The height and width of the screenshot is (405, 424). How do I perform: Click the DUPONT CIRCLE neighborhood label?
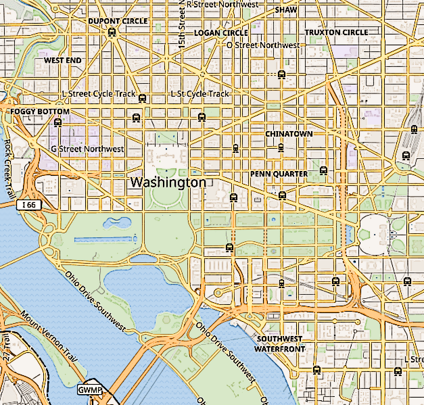click(118, 21)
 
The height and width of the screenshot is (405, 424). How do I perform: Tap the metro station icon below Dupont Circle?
click(112, 32)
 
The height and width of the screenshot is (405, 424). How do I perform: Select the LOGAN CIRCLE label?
click(221, 32)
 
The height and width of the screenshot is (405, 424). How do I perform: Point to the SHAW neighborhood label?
click(287, 10)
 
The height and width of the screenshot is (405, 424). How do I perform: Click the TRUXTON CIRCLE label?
click(336, 32)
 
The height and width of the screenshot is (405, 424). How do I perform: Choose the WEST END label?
click(63, 60)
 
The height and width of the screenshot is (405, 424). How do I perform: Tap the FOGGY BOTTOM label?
click(40, 112)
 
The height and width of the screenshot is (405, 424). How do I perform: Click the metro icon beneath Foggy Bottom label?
click(57, 122)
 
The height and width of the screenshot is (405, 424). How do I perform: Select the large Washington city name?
click(168, 183)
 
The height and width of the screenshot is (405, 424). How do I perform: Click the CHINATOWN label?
click(289, 134)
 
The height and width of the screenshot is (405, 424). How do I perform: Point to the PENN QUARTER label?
click(279, 174)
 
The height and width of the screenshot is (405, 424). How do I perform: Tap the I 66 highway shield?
click(28, 204)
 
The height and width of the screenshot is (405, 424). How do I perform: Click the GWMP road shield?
click(89, 390)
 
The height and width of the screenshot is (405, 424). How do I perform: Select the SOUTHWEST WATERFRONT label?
click(279, 343)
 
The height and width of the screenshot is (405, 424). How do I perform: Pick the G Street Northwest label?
click(87, 149)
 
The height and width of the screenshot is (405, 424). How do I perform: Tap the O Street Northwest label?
click(262, 45)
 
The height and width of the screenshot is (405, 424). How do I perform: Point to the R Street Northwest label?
click(222, 5)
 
